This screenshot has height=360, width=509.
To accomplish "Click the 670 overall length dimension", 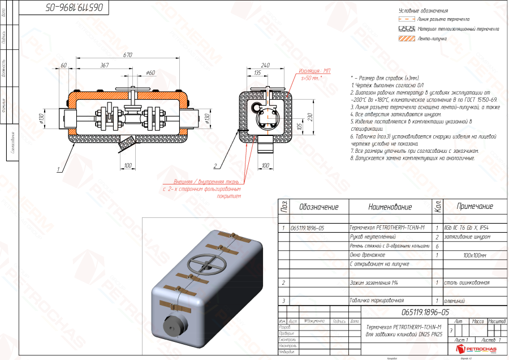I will (127, 55).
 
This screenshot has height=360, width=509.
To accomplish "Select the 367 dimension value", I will (104, 66).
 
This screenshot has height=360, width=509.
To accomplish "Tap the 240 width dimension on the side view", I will (265, 65).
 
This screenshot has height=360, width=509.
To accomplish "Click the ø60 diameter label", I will (150, 72).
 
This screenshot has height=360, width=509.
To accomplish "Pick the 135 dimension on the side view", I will (257, 73).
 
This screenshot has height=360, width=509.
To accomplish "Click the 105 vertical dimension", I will (299, 126).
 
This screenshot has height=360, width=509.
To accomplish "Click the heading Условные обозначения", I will (423, 11).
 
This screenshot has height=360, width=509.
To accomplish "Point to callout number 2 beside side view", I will (215, 166).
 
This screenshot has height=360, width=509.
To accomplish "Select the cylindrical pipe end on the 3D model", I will (175, 329).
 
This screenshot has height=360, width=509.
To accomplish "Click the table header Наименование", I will (390, 207).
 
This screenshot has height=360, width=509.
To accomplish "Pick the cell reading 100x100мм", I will (475, 255).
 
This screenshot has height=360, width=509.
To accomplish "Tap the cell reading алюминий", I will (458, 301).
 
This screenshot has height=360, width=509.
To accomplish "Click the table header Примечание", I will (475, 207).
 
